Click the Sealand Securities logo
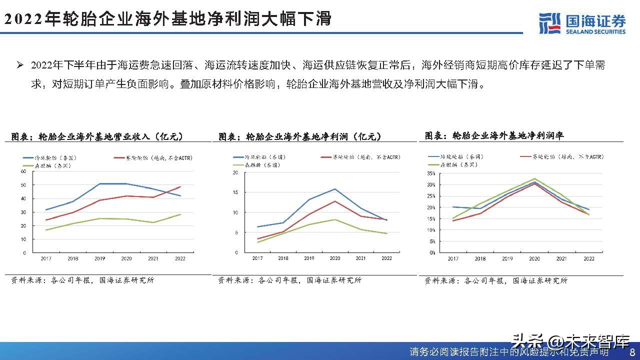click(582, 22)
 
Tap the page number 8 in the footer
click(632, 351)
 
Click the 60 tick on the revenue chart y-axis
click(23, 171)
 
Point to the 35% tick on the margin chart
click(431, 173)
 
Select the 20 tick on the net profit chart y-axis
click(235, 172)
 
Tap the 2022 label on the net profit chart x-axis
click(386, 258)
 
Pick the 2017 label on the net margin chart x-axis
click(453, 258)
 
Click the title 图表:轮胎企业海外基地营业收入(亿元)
click(97, 136)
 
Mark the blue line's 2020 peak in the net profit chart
click(334, 189)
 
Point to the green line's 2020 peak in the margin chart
click(534, 178)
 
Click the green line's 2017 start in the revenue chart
click(46, 230)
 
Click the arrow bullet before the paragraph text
click(20, 65)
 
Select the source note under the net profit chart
click(289, 280)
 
